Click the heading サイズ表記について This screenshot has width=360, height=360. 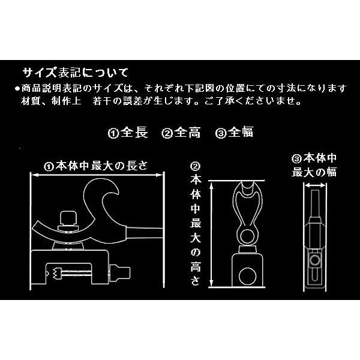(x=75, y=73)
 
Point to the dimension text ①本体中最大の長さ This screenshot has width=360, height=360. (x=95, y=165)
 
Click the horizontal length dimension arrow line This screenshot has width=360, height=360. (x=96, y=175)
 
